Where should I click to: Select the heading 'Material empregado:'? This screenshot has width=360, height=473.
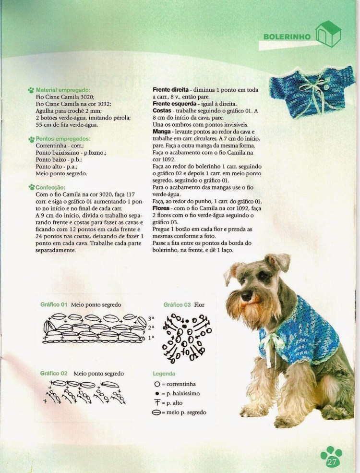[x=63, y=90]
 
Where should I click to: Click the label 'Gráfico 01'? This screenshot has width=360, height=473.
[x=54, y=304]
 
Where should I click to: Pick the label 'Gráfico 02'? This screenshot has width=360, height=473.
[x=54, y=373]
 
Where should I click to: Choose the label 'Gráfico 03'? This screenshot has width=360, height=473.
[x=177, y=304]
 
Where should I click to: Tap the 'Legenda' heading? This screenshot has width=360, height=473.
[x=164, y=373]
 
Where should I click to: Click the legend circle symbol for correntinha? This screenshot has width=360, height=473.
[x=156, y=384]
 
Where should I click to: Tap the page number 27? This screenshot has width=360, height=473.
[x=331, y=461]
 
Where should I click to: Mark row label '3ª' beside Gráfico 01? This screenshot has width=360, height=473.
[x=150, y=318]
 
